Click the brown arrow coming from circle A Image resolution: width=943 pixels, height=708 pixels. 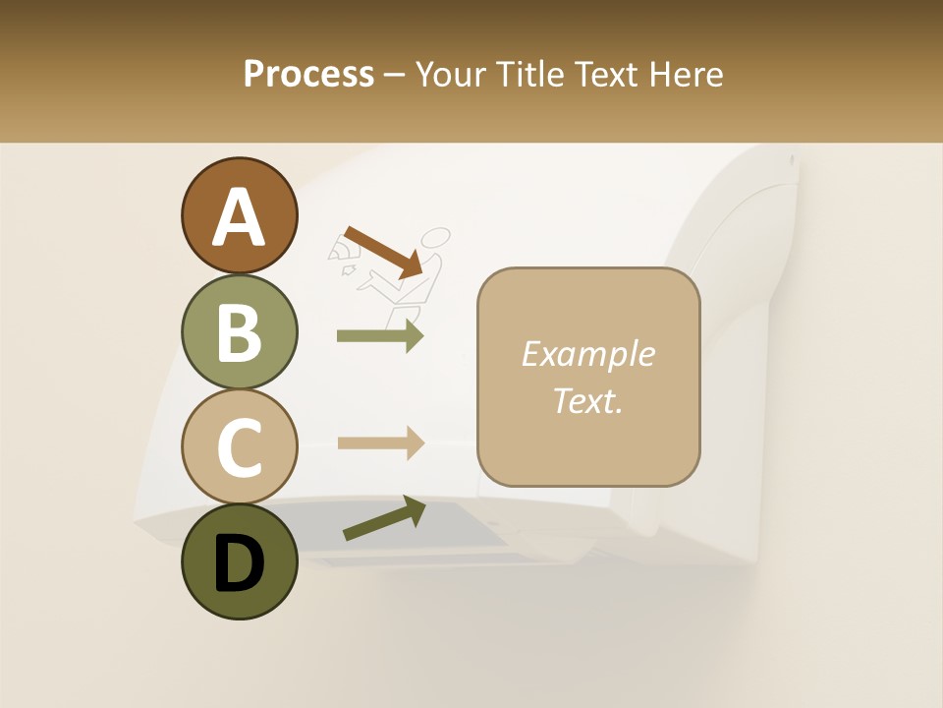point(383,252)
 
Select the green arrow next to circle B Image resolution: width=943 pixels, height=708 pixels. point(380,336)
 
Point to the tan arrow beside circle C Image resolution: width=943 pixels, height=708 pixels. point(380,442)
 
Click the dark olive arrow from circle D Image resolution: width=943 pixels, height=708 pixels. point(383,518)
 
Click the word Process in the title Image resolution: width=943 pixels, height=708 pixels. point(308,75)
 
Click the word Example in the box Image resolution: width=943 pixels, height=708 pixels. point(587,354)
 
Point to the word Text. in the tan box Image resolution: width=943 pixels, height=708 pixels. point(587,401)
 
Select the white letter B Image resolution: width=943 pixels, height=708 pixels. point(239,332)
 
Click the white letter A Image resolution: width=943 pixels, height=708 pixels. point(239,217)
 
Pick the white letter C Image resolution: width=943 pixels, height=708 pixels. point(239,447)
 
